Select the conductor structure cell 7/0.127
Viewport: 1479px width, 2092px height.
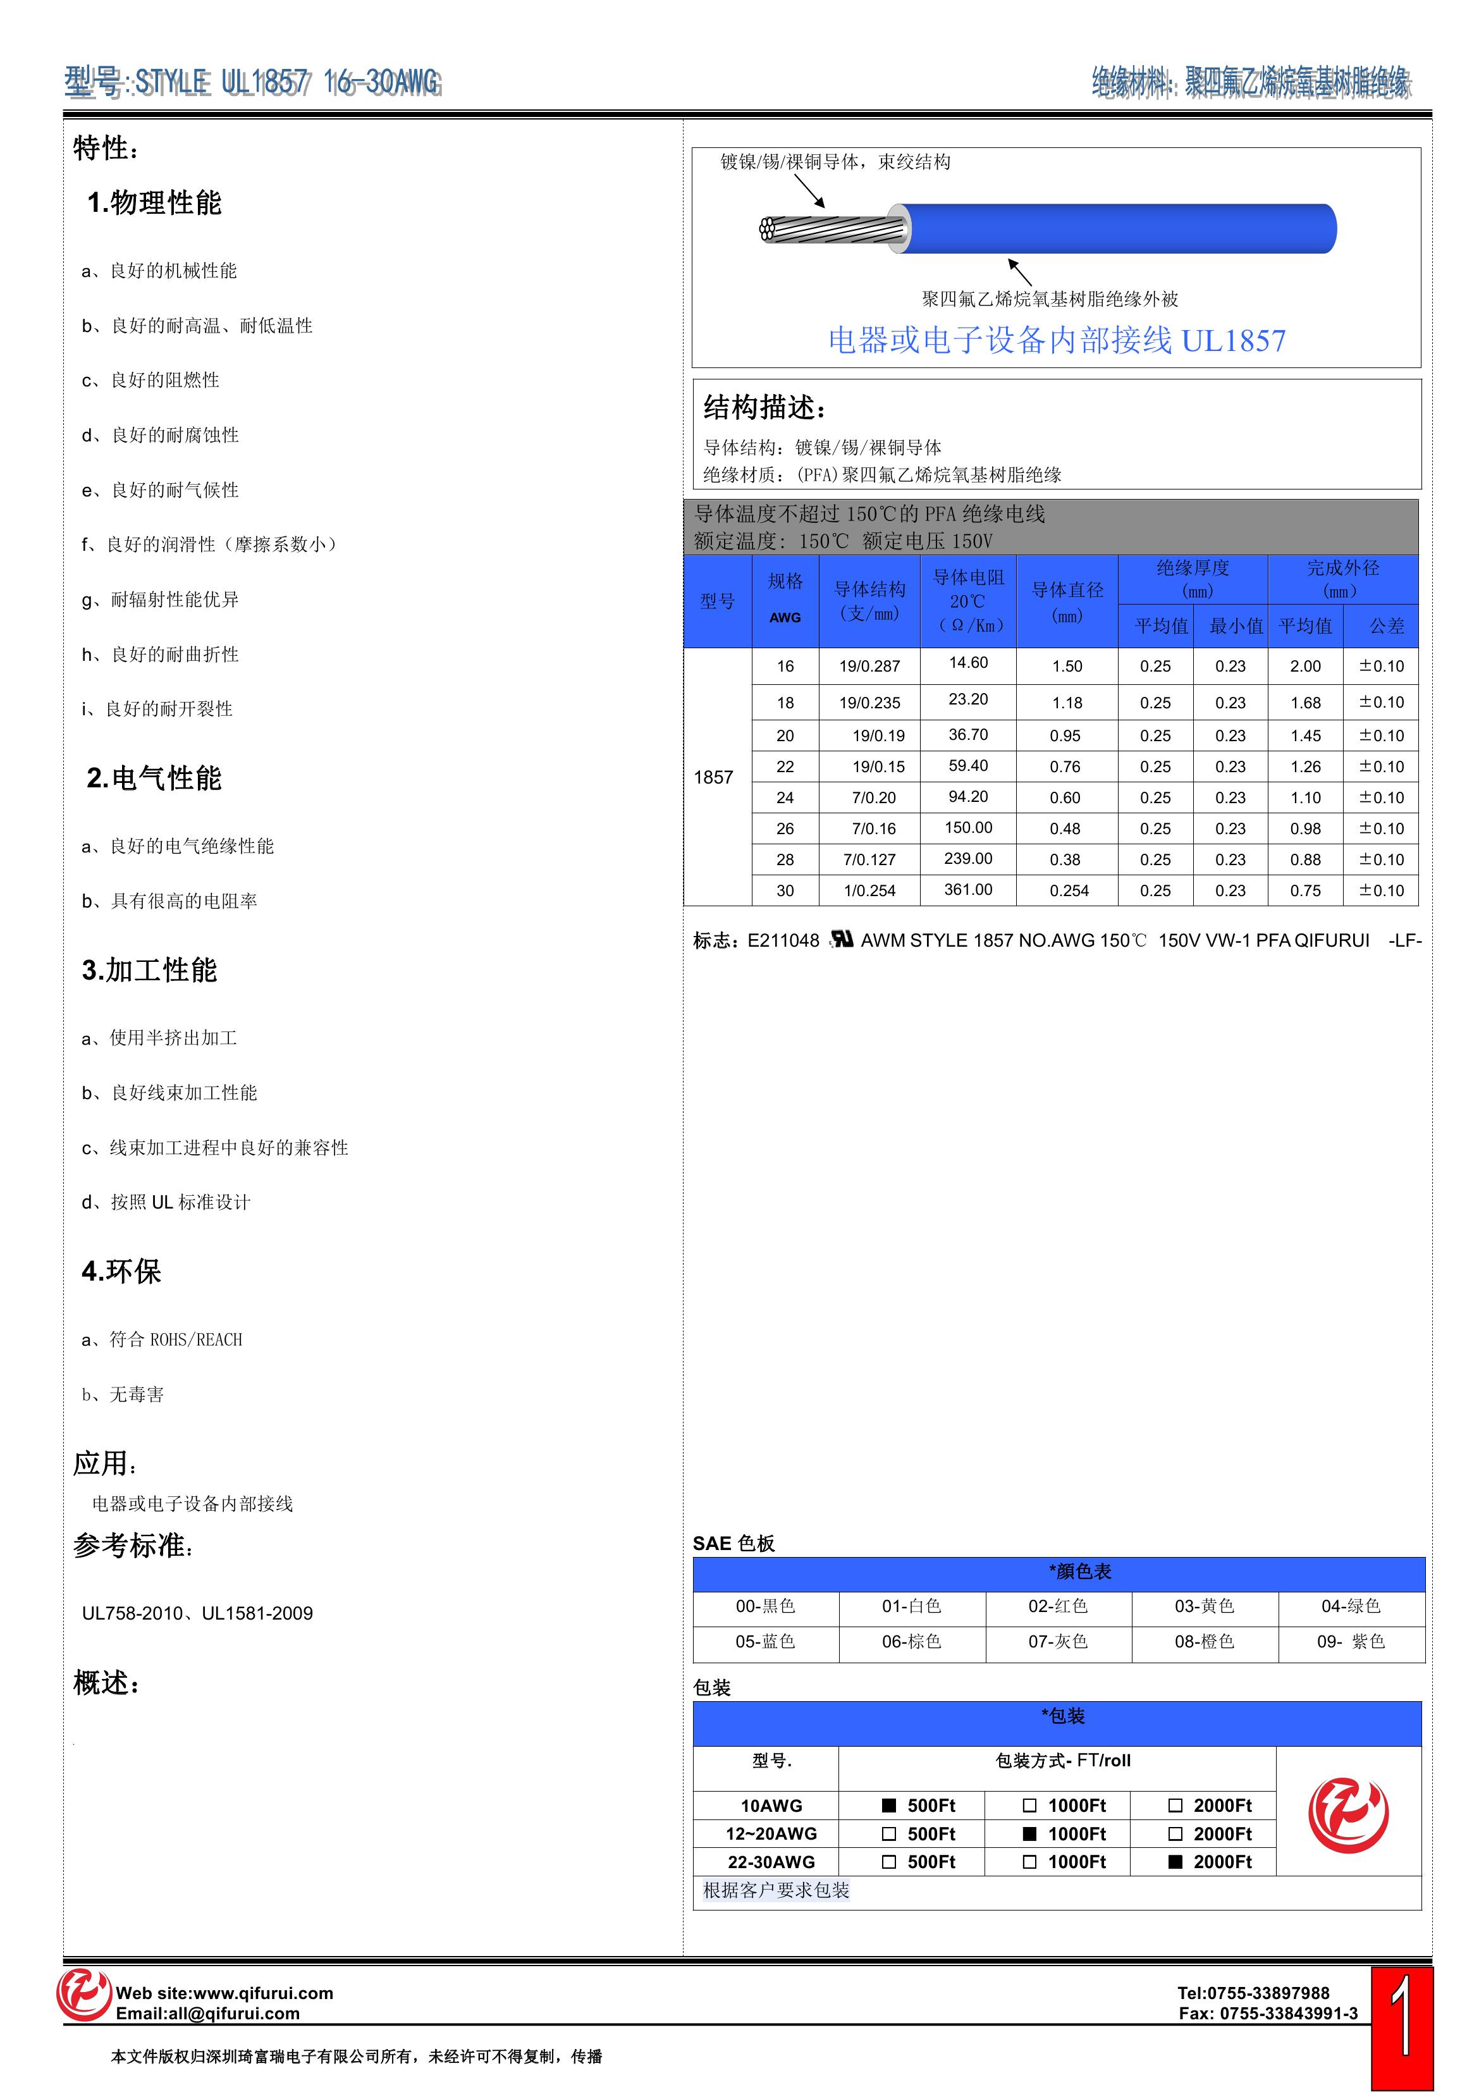[869, 859]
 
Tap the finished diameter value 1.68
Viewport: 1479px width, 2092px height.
[1305, 703]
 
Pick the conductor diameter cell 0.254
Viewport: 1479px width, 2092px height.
[1068, 890]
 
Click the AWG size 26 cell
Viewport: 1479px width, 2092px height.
[785, 828]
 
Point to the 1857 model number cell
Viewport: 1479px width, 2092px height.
[713, 777]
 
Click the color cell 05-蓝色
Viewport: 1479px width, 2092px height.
[766, 1641]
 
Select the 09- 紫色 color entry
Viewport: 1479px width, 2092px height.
[1351, 1641]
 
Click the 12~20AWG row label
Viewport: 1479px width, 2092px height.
[771, 1833]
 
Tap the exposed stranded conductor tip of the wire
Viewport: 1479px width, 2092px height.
[768, 229]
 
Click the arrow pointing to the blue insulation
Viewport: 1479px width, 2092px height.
[1020, 271]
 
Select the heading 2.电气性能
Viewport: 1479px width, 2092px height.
[154, 778]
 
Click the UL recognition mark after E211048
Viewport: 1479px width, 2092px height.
[842, 939]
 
